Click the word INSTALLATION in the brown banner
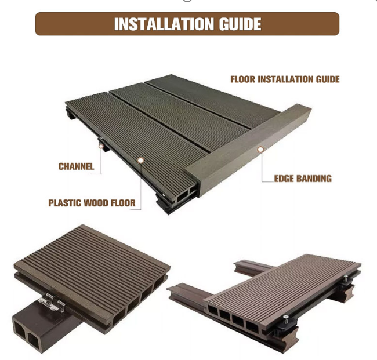click(164, 24)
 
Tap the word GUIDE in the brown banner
click(240, 24)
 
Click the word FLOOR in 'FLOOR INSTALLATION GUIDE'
click(242, 79)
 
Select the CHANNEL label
click(76, 166)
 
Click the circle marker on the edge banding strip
click(260, 150)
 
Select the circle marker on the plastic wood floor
click(141, 161)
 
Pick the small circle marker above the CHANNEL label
click(101, 146)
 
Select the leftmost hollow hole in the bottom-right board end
click(213, 311)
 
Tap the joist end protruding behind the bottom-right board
click(252, 267)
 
